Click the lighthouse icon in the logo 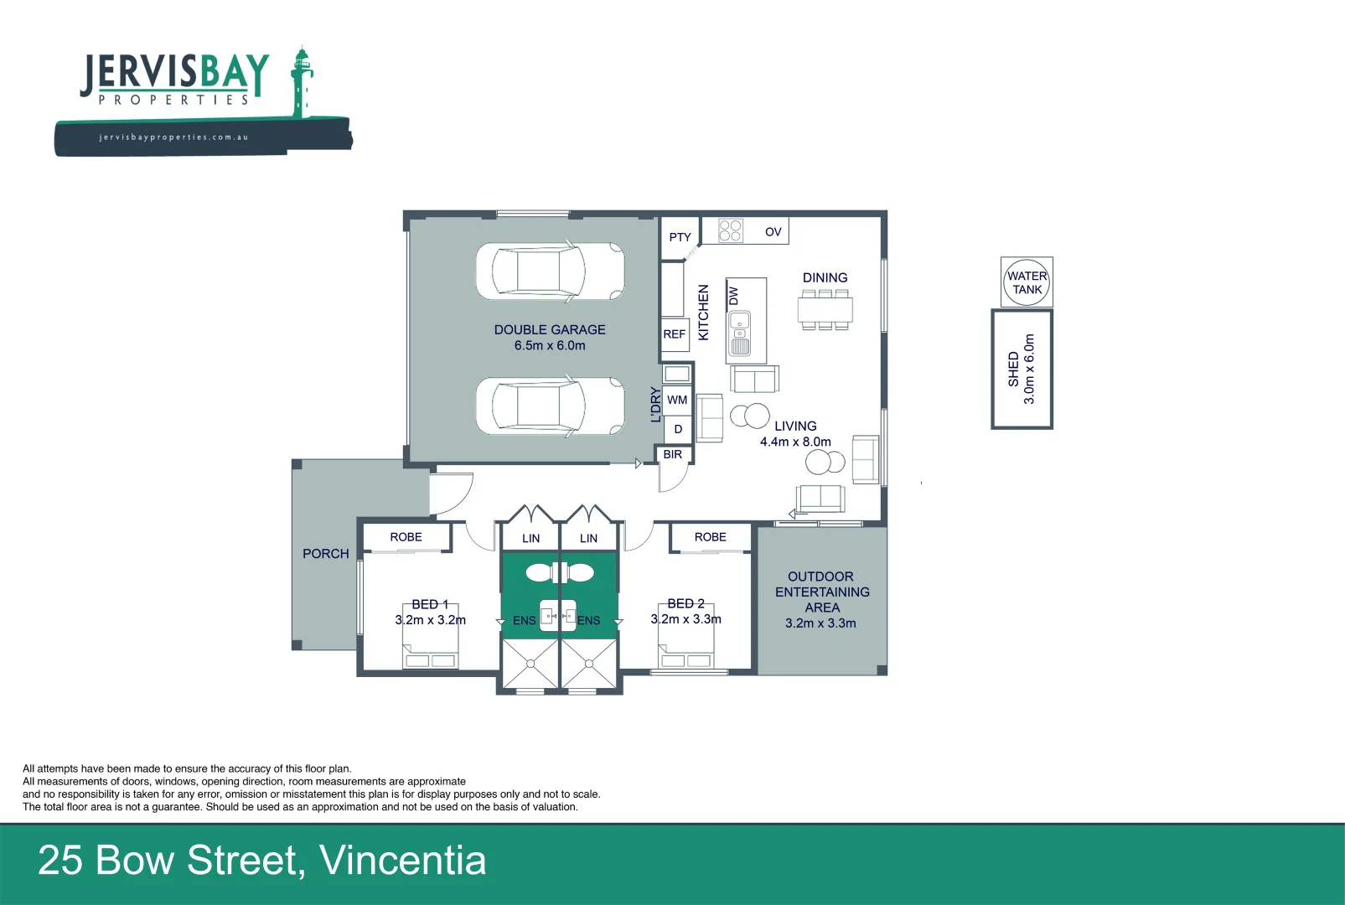[301, 80]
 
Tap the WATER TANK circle [1027, 282]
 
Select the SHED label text [1013, 369]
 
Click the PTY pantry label [680, 237]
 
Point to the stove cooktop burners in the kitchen [731, 230]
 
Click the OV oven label [773, 232]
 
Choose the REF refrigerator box [675, 334]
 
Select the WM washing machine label [677, 400]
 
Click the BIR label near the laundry [672, 454]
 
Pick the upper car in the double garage [551, 271]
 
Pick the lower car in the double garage [551, 406]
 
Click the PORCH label [325, 554]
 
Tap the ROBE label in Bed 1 [406, 537]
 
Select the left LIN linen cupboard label [530, 538]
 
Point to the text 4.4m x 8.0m [795, 442]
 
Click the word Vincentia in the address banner [402, 861]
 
